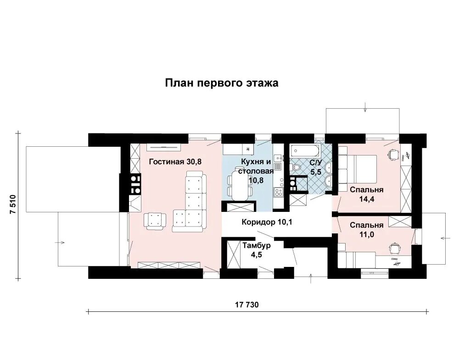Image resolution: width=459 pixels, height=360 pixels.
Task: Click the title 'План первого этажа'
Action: point(222,83)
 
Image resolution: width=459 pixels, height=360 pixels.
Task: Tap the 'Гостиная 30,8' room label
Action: point(175,162)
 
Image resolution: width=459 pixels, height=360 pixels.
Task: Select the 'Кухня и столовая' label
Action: point(256,166)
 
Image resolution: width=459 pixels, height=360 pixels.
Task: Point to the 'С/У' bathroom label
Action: point(316,162)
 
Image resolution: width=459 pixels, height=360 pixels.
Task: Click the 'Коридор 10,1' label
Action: point(267,222)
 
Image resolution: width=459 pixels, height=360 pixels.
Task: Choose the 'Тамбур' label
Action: point(257,246)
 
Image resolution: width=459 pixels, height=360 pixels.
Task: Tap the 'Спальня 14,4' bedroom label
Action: point(366,194)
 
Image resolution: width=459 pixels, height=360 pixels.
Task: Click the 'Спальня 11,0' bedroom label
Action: point(366,230)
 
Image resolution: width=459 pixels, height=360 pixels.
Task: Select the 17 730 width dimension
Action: point(247,305)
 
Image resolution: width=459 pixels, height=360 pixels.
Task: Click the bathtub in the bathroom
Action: point(302,151)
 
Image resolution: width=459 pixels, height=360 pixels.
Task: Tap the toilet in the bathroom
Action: point(295,167)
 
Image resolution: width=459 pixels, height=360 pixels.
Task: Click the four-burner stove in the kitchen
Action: point(278,192)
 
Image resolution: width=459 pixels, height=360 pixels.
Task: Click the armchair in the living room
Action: point(155,221)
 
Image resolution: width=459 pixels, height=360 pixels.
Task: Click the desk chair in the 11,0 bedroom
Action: point(394,247)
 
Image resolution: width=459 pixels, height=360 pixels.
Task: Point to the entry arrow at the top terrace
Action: point(365,107)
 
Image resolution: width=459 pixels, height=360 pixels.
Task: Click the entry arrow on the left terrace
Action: point(60,243)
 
